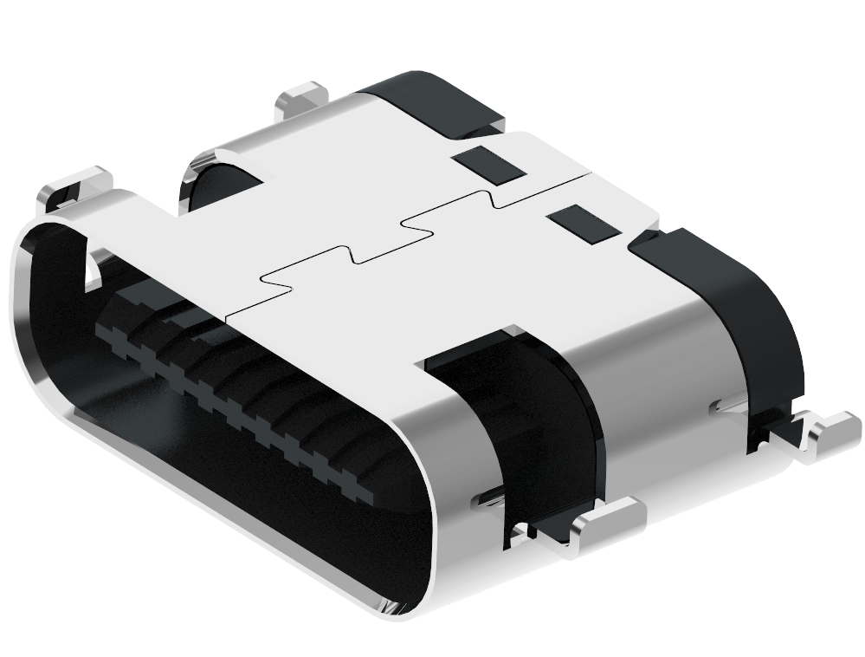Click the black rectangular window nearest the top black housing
point(489,165)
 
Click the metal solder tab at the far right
point(831,431)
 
